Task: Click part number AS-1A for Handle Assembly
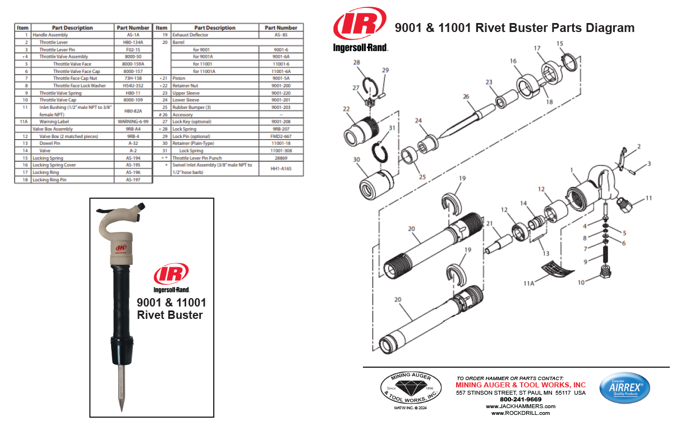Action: pyautogui.click(x=133, y=35)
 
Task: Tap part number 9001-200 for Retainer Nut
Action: pyautogui.click(x=280, y=85)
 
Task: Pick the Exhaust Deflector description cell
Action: pyautogui.click(x=190, y=35)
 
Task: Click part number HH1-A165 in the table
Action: pyautogui.click(x=280, y=168)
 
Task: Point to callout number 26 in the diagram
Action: pyautogui.click(x=465, y=96)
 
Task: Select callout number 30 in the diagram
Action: pyautogui.click(x=357, y=159)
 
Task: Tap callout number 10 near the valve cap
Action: pyautogui.click(x=582, y=282)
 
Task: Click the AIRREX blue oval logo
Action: pyautogui.click(x=625, y=388)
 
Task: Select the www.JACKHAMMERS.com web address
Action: pyautogui.click(x=521, y=406)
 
